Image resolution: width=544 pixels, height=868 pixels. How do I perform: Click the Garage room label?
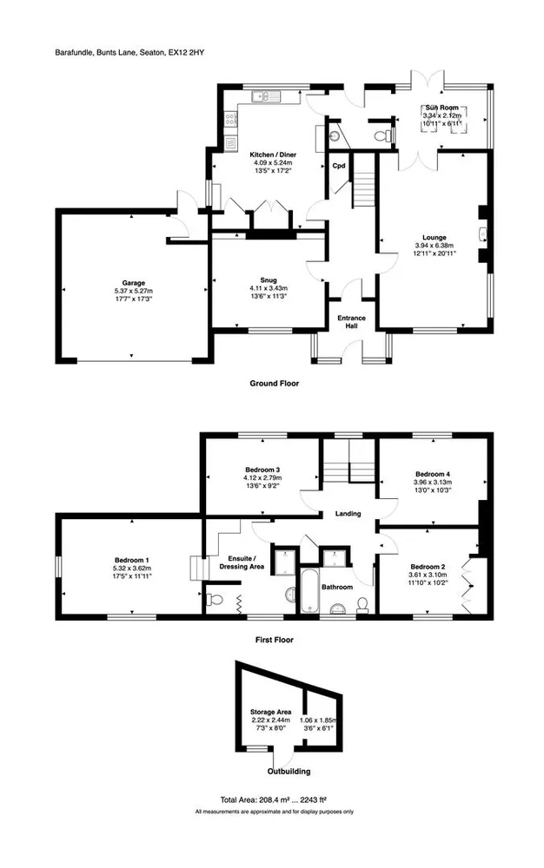(x=134, y=283)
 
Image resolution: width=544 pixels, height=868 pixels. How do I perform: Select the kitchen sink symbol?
(x=266, y=97)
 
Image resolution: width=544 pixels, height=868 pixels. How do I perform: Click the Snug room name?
(x=269, y=280)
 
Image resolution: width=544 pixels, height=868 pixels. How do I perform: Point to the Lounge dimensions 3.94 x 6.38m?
(x=435, y=246)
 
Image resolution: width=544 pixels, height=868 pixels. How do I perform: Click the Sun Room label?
(x=441, y=108)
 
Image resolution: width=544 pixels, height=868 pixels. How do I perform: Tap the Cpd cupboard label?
(x=339, y=166)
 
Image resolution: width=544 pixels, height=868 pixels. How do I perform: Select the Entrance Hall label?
(x=352, y=322)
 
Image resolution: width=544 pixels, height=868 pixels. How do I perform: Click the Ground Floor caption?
(x=275, y=383)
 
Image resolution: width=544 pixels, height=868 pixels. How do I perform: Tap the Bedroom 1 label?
(x=132, y=560)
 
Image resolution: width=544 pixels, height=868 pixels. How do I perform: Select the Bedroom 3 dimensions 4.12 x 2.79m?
(x=262, y=477)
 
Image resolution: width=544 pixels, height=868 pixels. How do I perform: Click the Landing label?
(x=348, y=514)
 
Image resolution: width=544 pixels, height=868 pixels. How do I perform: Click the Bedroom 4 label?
(x=433, y=474)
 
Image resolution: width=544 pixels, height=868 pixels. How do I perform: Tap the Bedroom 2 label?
(x=428, y=567)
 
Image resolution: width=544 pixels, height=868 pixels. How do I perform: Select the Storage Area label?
(x=271, y=712)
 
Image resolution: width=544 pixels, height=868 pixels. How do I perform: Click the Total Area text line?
(x=274, y=799)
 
